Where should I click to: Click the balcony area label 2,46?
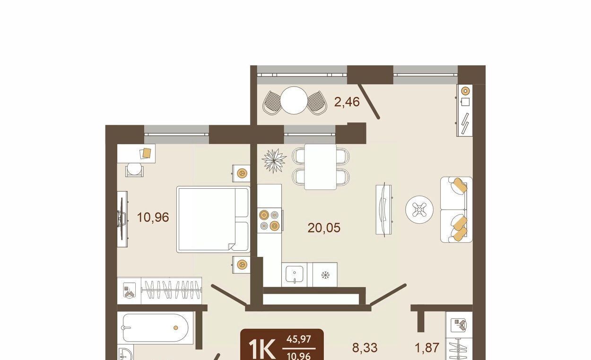(347, 102)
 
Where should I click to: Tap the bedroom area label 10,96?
(153, 218)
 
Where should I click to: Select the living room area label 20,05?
(324, 228)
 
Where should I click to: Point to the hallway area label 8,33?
(365, 348)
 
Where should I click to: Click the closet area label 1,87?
(427, 348)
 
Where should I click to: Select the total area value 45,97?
(299, 339)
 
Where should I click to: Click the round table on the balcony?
(294, 100)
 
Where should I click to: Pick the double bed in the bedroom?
(213, 220)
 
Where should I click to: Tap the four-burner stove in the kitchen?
(269, 220)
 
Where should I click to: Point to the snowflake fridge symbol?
(325, 275)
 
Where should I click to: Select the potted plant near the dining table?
(274, 160)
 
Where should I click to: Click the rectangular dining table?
(320, 167)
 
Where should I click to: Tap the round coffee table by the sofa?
(419, 210)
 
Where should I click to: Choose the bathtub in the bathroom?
(156, 328)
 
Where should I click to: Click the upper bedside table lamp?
(242, 173)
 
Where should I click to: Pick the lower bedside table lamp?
(242, 264)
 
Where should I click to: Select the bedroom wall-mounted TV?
(122, 219)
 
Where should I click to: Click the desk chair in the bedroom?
(134, 169)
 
